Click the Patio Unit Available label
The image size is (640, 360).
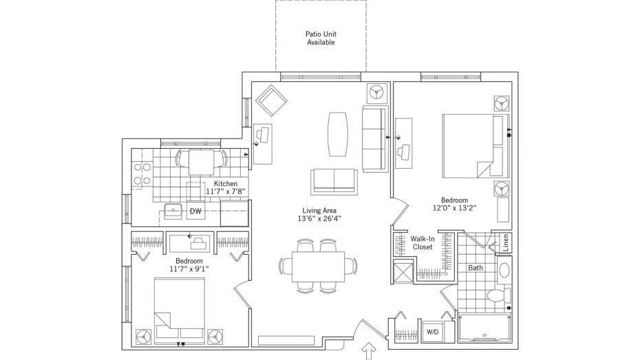(321, 38)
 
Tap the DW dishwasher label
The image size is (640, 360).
(196, 211)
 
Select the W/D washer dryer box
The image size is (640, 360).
(433, 332)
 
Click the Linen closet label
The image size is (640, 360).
(506, 242)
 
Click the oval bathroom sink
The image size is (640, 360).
(504, 270)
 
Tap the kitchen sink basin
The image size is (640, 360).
(173, 211)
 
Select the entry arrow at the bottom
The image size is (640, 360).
(370, 351)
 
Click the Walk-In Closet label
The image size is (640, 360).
(423, 243)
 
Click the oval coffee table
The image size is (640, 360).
(339, 134)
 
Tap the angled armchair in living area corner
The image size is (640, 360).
(271, 100)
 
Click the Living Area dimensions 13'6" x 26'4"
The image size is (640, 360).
(319, 218)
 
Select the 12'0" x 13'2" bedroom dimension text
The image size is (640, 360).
(455, 208)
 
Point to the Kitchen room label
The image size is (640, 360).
(226, 184)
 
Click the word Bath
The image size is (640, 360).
(476, 268)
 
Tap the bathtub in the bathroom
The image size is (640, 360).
(484, 328)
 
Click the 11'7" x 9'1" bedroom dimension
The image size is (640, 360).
(189, 268)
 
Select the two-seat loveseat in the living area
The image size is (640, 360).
(334, 181)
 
